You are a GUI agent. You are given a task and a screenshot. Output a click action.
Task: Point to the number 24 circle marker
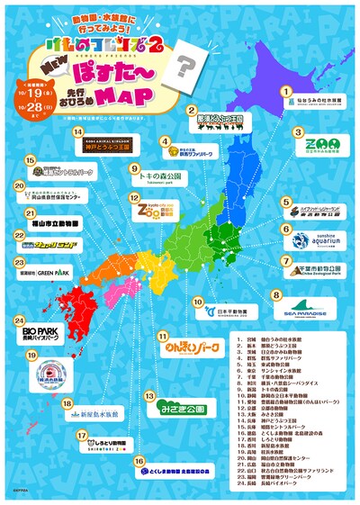coord(19,320)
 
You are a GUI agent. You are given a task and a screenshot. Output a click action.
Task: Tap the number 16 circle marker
coord(139,461)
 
